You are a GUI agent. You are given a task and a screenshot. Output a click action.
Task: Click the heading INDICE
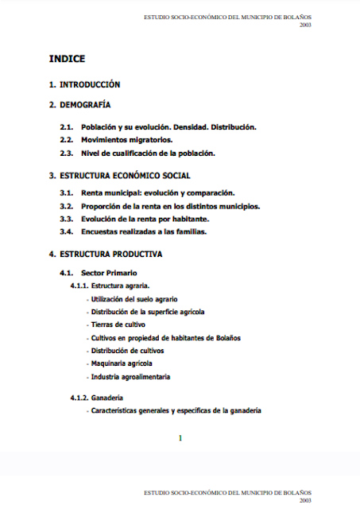coord(67,59)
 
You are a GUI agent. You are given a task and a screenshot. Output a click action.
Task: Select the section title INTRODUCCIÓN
coord(89,84)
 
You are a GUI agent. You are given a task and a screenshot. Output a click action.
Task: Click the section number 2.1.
coord(67,127)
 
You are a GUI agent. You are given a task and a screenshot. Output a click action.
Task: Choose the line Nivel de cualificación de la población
coord(148,153)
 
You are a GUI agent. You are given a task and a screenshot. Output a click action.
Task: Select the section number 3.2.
coord(67,206)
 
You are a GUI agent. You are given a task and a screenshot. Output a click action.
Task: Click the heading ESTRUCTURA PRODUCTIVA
coord(110,254)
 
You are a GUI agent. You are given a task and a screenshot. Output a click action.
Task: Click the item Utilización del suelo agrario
coord(134,299)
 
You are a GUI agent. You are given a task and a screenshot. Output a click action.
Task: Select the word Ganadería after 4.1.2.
coord(107,398)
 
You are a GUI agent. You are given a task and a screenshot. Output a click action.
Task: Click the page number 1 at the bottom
coord(180,438)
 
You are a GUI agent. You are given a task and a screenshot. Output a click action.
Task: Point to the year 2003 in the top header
coord(305,25)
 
